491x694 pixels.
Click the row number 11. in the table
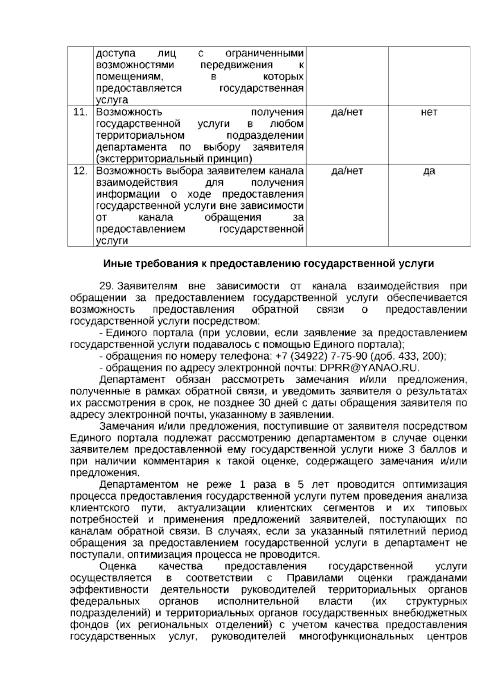point(80,112)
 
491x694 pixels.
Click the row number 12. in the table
point(80,171)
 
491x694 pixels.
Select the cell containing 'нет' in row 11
point(429,112)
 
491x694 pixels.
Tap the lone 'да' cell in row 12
point(429,171)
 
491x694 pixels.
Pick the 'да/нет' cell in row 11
point(347,112)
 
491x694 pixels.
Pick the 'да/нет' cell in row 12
point(347,171)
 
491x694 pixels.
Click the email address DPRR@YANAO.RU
point(369,367)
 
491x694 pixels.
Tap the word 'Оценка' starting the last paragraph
point(118,567)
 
